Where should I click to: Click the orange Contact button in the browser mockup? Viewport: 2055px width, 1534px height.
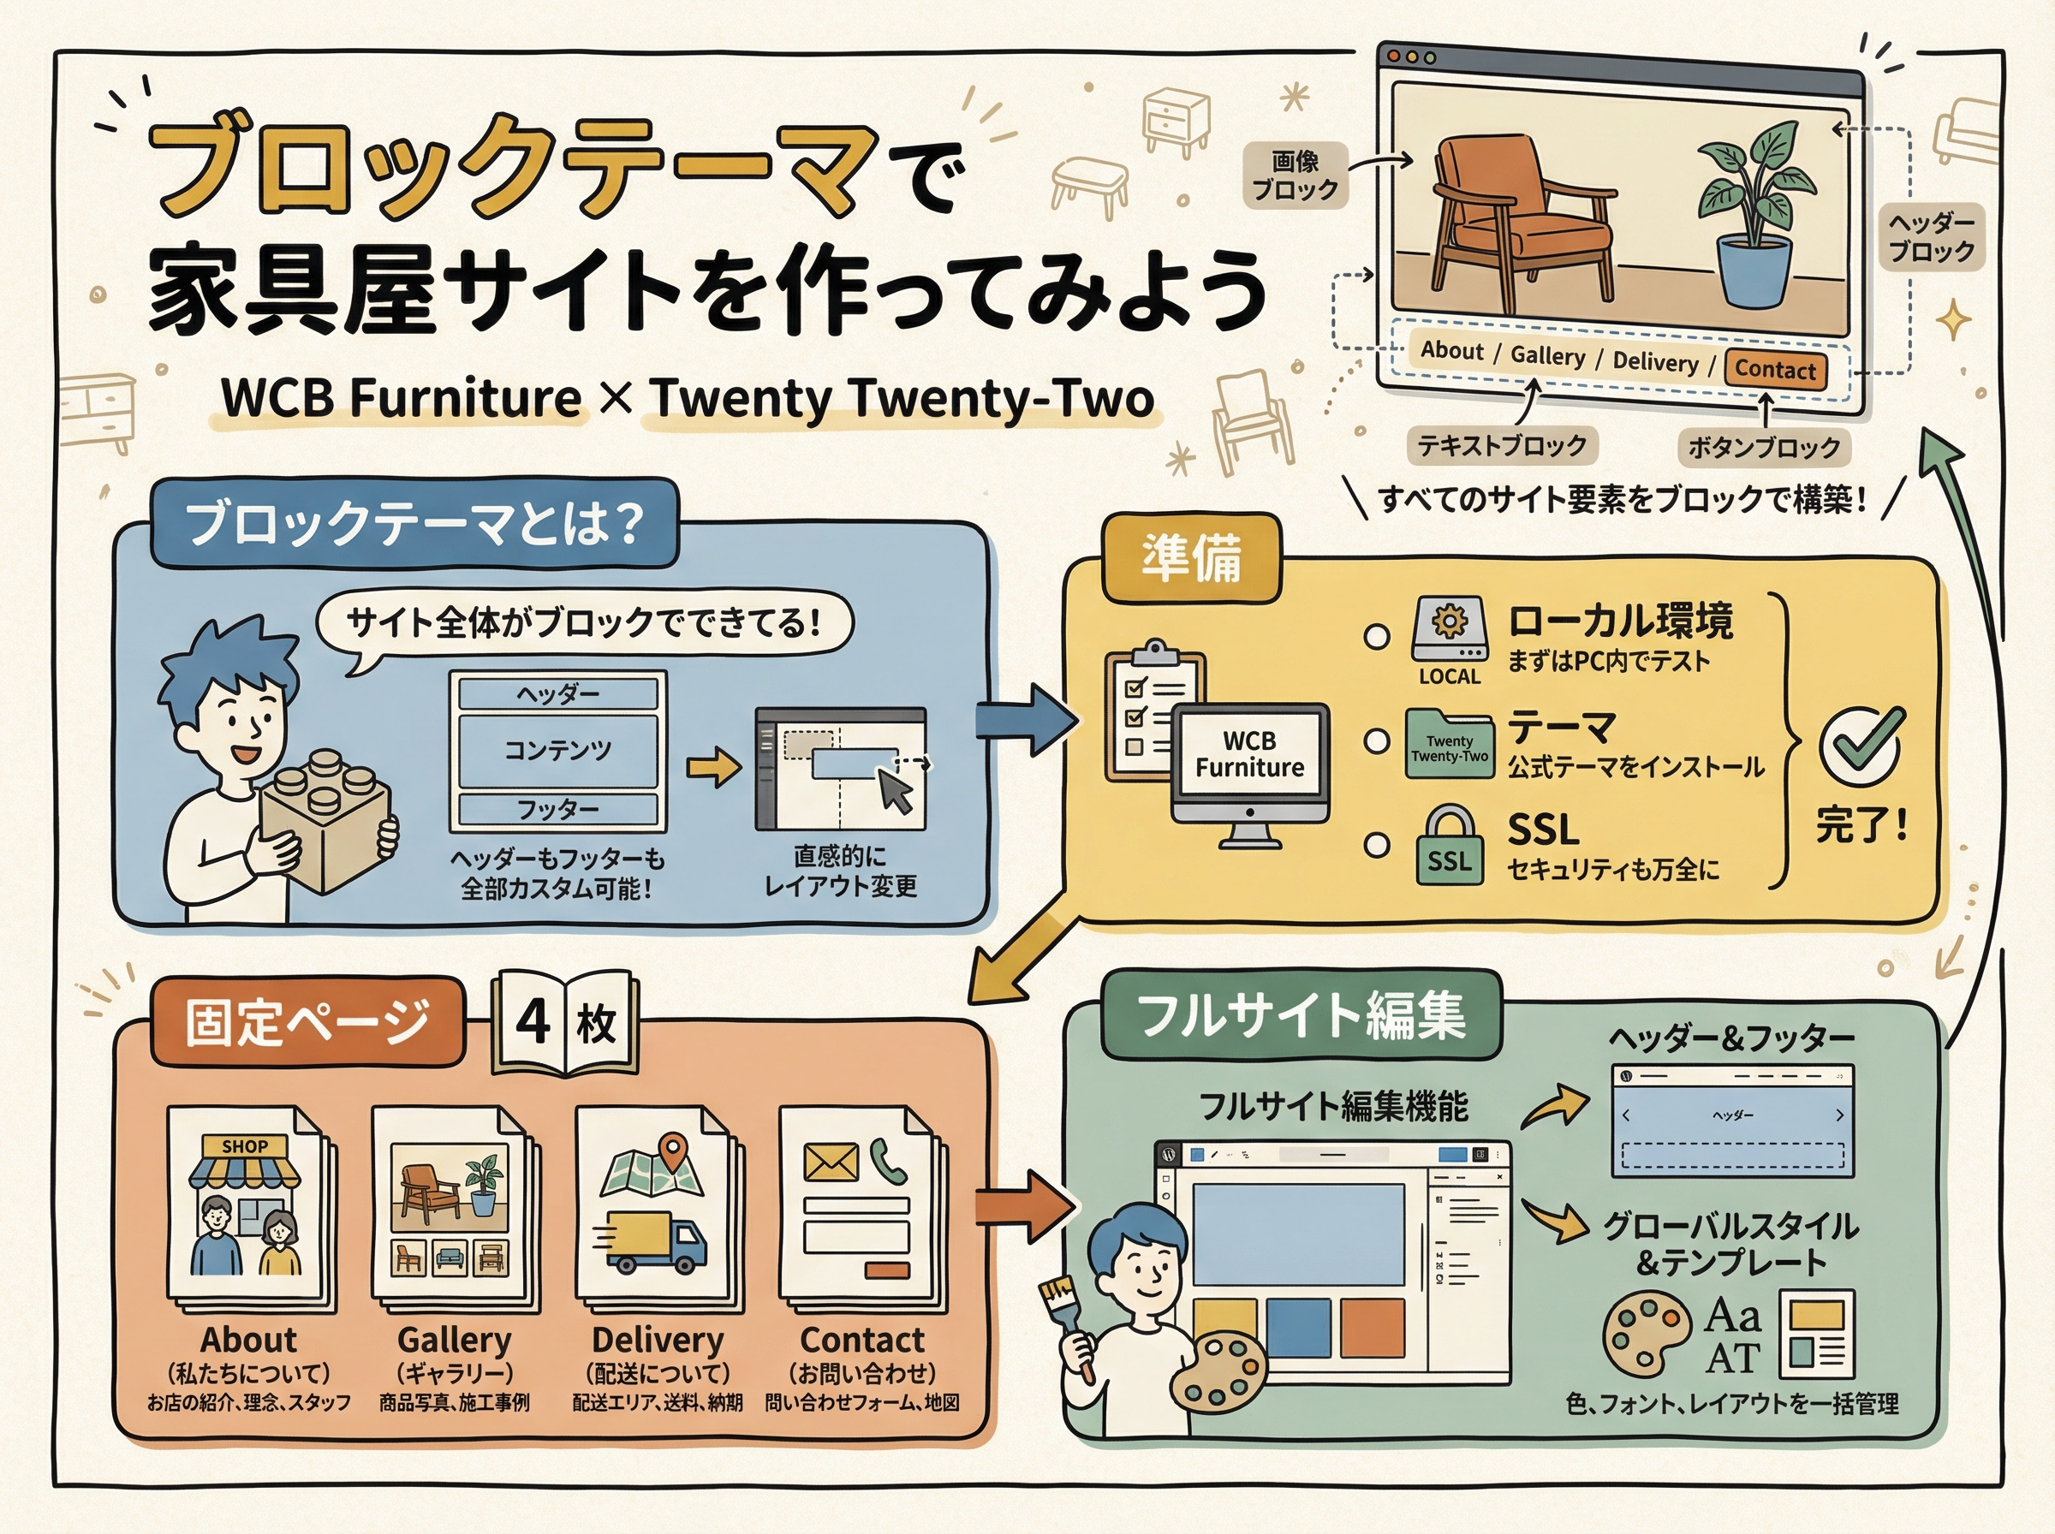pyautogui.click(x=1774, y=370)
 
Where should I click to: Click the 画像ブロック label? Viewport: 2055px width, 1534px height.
pyautogui.click(x=1295, y=175)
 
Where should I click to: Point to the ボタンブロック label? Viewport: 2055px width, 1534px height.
pyautogui.click(x=1763, y=448)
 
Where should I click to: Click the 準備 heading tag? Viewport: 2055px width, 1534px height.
pyautogui.click(x=1191, y=559)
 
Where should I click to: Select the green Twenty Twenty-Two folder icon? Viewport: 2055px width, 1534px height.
pyautogui.click(x=1449, y=744)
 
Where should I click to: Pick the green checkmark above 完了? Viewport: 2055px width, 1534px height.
pyautogui.click(x=1861, y=744)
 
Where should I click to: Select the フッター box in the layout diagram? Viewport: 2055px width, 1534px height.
pyautogui.click(x=558, y=810)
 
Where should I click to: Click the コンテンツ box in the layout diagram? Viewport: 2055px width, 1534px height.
pyautogui.click(x=558, y=750)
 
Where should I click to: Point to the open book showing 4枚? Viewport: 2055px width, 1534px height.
pyautogui.click(x=565, y=1022)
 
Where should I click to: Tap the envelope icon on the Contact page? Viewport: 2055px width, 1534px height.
pyautogui.click(x=831, y=1162)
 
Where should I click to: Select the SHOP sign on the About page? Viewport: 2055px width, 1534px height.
pyautogui.click(x=244, y=1147)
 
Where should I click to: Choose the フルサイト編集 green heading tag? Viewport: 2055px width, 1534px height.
pyautogui.click(x=1300, y=1015)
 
